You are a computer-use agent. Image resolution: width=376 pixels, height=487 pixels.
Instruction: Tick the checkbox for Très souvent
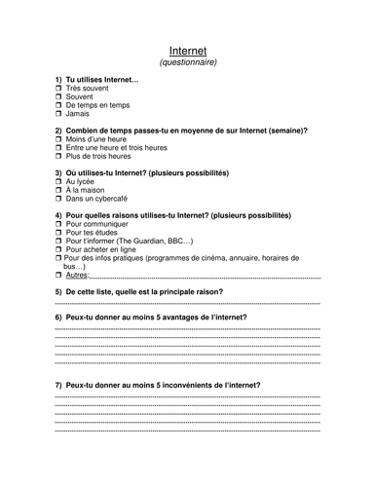pyautogui.click(x=58, y=89)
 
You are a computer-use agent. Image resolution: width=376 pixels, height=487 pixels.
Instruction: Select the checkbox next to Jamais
pyautogui.click(x=58, y=114)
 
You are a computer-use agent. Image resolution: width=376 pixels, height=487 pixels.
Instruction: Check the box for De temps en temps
pyautogui.click(x=58, y=105)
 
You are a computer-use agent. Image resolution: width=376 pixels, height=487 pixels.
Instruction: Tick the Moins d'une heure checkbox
pyautogui.click(x=58, y=140)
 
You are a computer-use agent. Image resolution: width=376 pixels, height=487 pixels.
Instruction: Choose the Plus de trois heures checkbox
pyautogui.click(x=58, y=157)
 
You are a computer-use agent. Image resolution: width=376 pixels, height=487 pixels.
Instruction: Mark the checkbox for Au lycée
pyautogui.click(x=58, y=182)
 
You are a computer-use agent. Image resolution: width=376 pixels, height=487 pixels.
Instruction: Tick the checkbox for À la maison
pyautogui.click(x=58, y=191)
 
